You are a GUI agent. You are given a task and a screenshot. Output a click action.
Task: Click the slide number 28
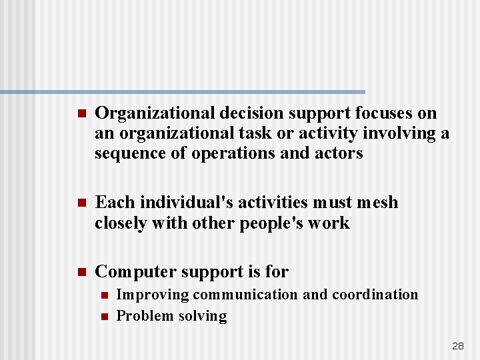tap(458, 346)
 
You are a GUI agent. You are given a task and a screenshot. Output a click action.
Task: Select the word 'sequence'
tap(129, 153)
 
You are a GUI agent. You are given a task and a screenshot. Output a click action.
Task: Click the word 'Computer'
tap(132, 272)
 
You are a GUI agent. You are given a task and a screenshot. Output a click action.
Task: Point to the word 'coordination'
tap(375, 295)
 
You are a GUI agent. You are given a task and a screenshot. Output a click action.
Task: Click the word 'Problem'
tap(143, 316)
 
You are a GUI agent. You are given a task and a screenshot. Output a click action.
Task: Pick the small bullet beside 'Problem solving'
tap(103, 317)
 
